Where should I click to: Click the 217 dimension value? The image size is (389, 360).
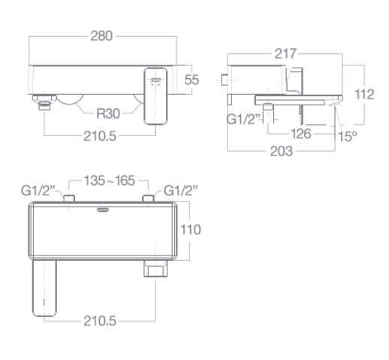click(x=285, y=53)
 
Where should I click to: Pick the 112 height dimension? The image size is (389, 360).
click(x=364, y=95)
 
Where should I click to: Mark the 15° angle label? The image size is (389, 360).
click(x=345, y=136)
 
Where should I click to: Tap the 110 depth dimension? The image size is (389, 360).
click(x=192, y=231)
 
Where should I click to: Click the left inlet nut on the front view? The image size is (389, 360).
click(x=44, y=104)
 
